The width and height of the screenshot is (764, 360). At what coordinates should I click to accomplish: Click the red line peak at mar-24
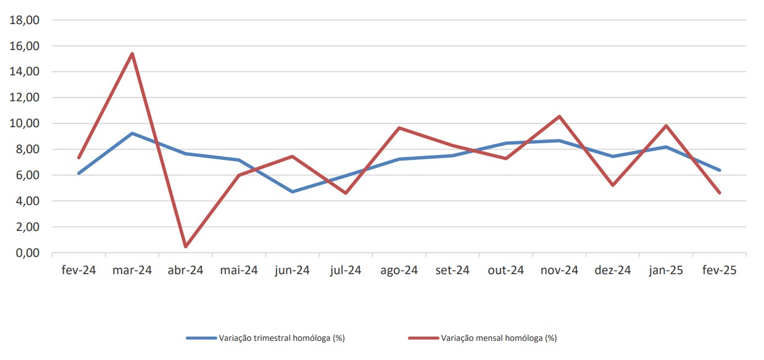132,54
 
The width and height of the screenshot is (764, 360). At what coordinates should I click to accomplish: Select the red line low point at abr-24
185,246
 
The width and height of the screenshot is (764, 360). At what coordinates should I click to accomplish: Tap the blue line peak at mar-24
132,133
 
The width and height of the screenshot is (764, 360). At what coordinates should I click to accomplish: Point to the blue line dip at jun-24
293,192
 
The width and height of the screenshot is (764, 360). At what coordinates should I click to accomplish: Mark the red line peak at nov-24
559,117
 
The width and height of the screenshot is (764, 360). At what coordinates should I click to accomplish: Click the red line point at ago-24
399,128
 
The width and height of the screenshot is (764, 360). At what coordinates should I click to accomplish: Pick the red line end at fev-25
720,193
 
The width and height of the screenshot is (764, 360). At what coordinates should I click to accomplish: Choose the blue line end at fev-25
720,170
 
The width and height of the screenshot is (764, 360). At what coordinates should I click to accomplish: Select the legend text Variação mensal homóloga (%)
499,338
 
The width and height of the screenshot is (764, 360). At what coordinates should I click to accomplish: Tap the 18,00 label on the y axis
25,20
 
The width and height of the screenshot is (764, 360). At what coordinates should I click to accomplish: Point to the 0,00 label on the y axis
28,253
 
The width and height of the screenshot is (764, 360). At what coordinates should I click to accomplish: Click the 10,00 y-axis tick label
25,123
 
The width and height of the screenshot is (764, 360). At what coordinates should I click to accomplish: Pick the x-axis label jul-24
346,270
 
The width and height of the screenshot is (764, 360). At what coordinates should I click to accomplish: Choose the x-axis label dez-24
613,270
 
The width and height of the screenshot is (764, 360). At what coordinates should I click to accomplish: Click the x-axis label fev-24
79,270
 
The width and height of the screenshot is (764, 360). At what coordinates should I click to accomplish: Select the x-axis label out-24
506,270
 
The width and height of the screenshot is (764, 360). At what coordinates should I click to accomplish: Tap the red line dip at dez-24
613,185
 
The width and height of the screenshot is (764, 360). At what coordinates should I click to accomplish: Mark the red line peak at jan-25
666,126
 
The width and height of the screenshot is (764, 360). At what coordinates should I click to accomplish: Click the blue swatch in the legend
201,338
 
